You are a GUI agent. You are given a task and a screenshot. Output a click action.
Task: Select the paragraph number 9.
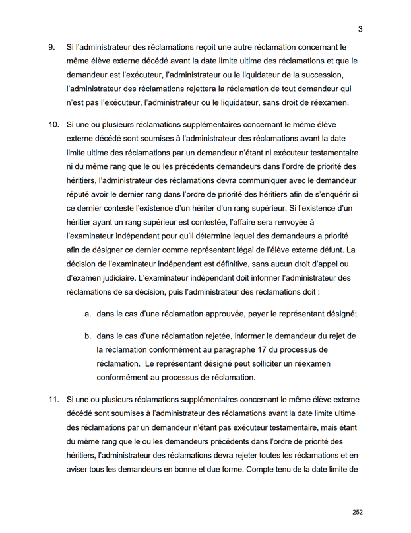click(x=51, y=48)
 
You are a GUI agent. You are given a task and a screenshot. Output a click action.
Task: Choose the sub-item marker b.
click(x=88, y=336)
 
